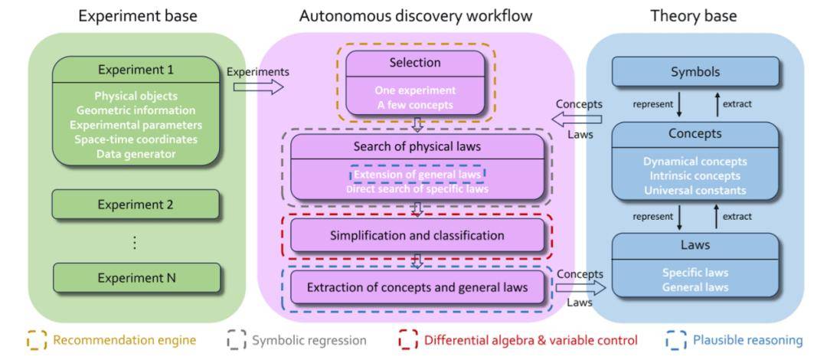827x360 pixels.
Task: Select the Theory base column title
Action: coord(694,15)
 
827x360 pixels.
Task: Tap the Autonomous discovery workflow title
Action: coord(416,15)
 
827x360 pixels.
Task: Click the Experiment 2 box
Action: coord(136,205)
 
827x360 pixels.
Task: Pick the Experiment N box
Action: coord(136,278)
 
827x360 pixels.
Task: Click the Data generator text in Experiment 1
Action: coord(136,154)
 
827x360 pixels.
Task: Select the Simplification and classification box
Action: coord(417,235)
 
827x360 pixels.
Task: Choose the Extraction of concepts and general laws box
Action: coord(417,287)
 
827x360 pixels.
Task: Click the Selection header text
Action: coord(415,62)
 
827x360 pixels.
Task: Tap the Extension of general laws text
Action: coord(417,174)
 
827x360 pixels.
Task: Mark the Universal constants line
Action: coord(695,191)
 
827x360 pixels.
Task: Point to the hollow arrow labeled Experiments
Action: coord(258,87)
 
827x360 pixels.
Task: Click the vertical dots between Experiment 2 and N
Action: coord(136,242)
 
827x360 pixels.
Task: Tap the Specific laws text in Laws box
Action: coord(695,273)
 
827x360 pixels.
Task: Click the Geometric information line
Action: coord(136,110)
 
